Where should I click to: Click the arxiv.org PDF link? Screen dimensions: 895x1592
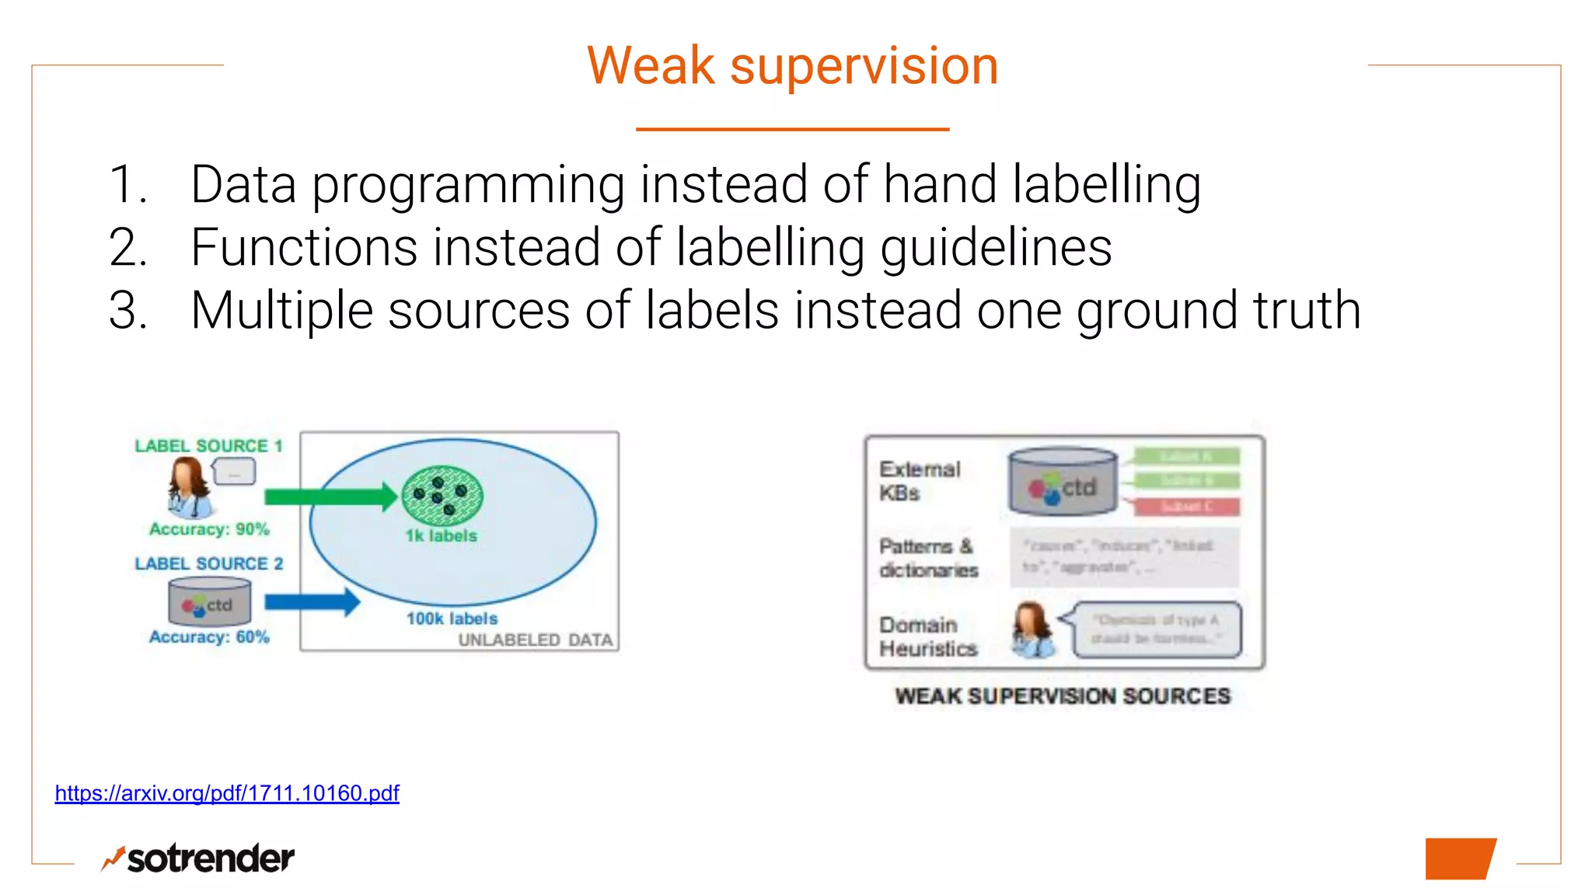[226, 793]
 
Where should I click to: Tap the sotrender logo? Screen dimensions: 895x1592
[198, 858]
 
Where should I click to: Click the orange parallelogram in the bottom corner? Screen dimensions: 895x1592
[1459, 858]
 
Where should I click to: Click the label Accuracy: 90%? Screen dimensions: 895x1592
[209, 529]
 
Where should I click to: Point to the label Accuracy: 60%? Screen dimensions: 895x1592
[209, 637]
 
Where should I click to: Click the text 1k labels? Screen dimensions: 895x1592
[441, 536]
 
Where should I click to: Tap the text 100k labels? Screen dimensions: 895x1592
[452, 618]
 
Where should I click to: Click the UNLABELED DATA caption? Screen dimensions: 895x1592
[536, 640]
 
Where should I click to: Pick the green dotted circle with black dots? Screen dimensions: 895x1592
[442, 496]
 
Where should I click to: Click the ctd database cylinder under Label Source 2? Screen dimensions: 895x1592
[210, 603]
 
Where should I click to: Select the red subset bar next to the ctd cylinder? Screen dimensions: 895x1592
[1186, 507]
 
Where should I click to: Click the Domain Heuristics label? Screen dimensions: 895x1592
[927, 637]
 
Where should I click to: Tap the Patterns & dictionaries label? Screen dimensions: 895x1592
[928, 558]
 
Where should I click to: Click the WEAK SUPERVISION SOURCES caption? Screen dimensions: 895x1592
[1063, 696]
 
